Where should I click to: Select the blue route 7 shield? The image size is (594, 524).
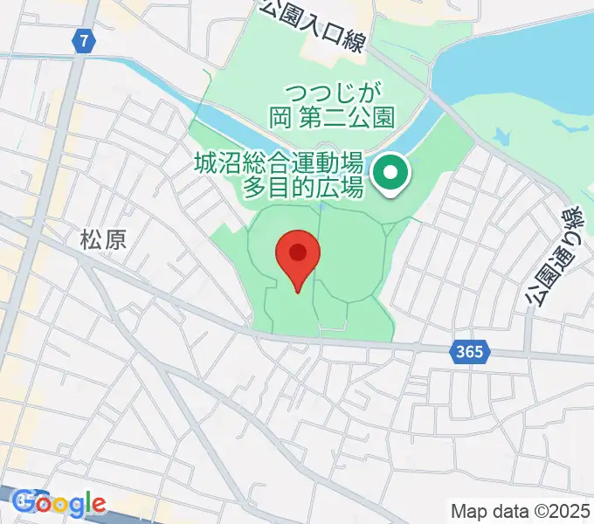[83, 40]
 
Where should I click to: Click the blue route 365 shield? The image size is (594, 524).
[470, 352]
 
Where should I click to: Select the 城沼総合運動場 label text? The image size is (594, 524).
[278, 163]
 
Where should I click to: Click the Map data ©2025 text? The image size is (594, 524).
[520, 510]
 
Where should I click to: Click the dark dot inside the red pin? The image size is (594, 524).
[298, 252]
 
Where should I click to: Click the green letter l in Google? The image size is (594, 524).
[88, 502]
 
